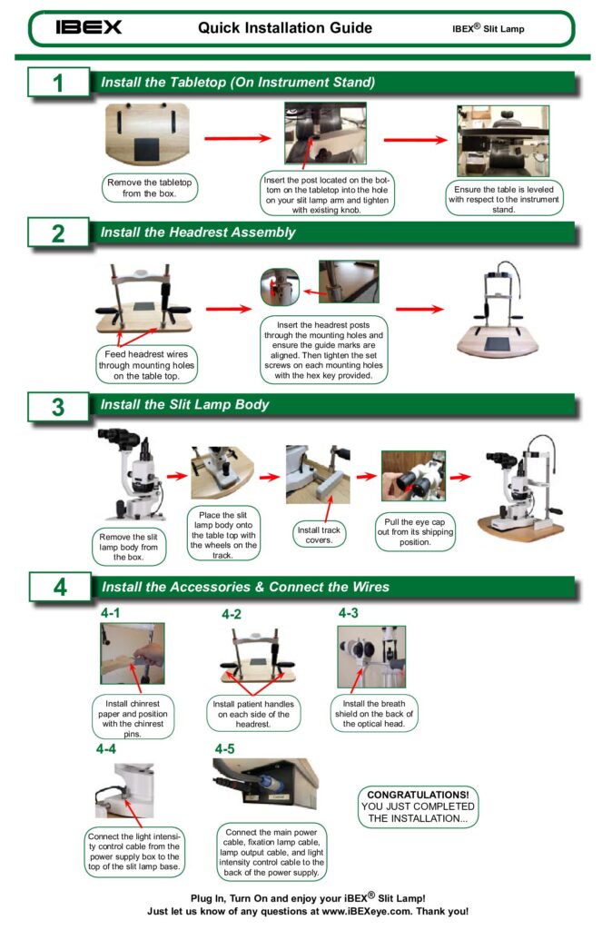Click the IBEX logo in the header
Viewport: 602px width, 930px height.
tap(88, 27)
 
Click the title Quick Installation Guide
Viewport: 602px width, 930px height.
tap(284, 28)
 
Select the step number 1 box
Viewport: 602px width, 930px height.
tap(58, 83)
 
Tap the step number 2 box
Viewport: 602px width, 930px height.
tap(58, 232)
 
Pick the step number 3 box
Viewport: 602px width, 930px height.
tap(58, 406)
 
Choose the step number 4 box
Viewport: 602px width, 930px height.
tap(59, 587)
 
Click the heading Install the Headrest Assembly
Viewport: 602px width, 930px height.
tap(198, 232)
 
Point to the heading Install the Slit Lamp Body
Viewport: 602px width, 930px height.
tap(184, 405)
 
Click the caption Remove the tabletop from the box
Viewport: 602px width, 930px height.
tap(149, 188)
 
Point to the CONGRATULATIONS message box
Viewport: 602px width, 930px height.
tap(418, 806)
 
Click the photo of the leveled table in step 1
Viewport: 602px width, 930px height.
tap(502, 141)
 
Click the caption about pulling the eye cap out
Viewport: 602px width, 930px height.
tap(414, 530)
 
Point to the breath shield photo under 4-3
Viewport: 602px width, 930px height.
tap(370, 656)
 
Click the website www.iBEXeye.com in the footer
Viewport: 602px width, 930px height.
tap(371, 912)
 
